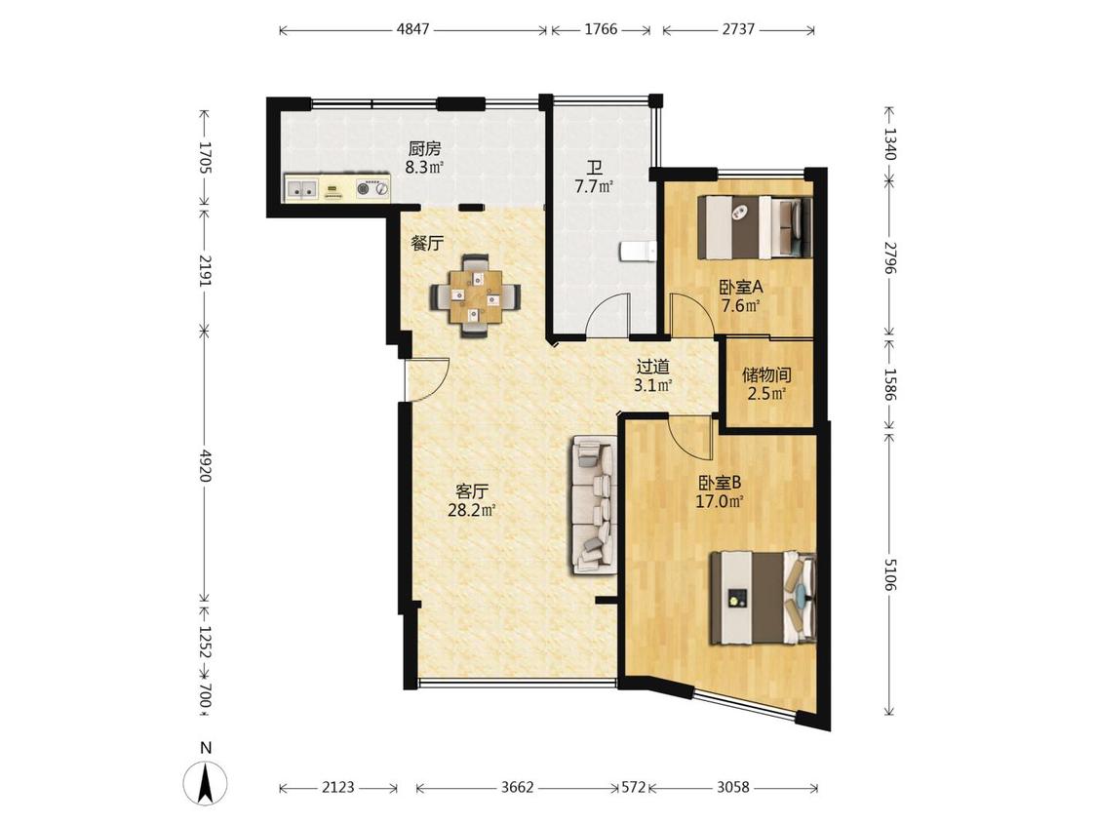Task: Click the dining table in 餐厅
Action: coord(476,294)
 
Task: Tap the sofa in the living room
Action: coord(594,505)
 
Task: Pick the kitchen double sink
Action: coord(302,188)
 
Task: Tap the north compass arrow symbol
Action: coord(206,783)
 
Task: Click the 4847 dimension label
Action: coord(412,29)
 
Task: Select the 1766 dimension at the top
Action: coord(601,29)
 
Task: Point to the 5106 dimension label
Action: coord(889,574)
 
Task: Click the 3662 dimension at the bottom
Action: coord(517,787)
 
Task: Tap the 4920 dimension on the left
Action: coord(205,465)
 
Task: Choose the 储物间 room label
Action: coord(766,375)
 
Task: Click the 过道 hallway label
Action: coord(652,367)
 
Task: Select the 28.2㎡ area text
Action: coord(472,510)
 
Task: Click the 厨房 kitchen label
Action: coord(425,149)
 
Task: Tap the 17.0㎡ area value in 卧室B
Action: coord(720,501)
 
